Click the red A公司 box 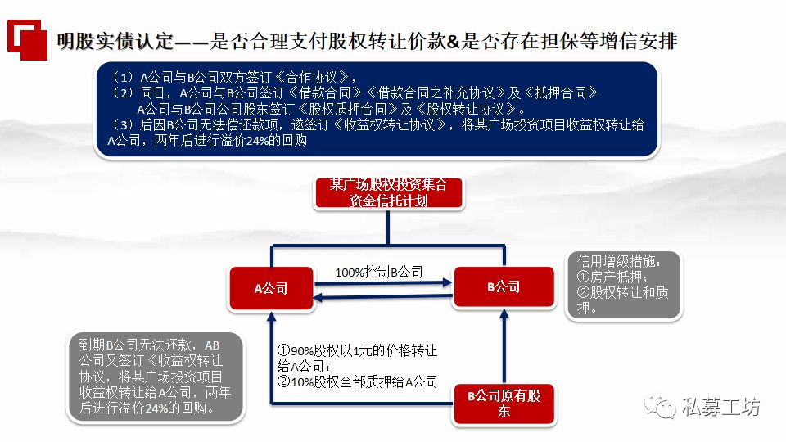271,288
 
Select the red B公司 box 504,286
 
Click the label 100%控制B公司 379,272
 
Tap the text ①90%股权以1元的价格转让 357,351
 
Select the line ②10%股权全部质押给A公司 357,381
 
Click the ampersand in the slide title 454,40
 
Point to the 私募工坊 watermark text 721,406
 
